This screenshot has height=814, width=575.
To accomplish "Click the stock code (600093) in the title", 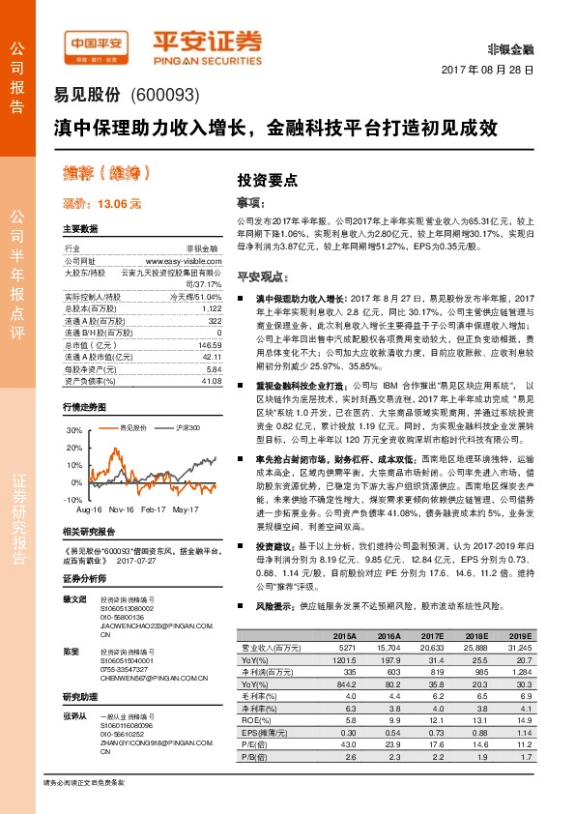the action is coord(163,97).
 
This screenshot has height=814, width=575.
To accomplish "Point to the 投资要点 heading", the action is coord(269,180).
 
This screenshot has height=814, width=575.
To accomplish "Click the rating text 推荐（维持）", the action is coord(108,175).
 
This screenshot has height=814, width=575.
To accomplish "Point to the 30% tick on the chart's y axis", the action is coord(73,429).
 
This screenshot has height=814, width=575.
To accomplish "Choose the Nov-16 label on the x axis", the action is coord(121,509).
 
